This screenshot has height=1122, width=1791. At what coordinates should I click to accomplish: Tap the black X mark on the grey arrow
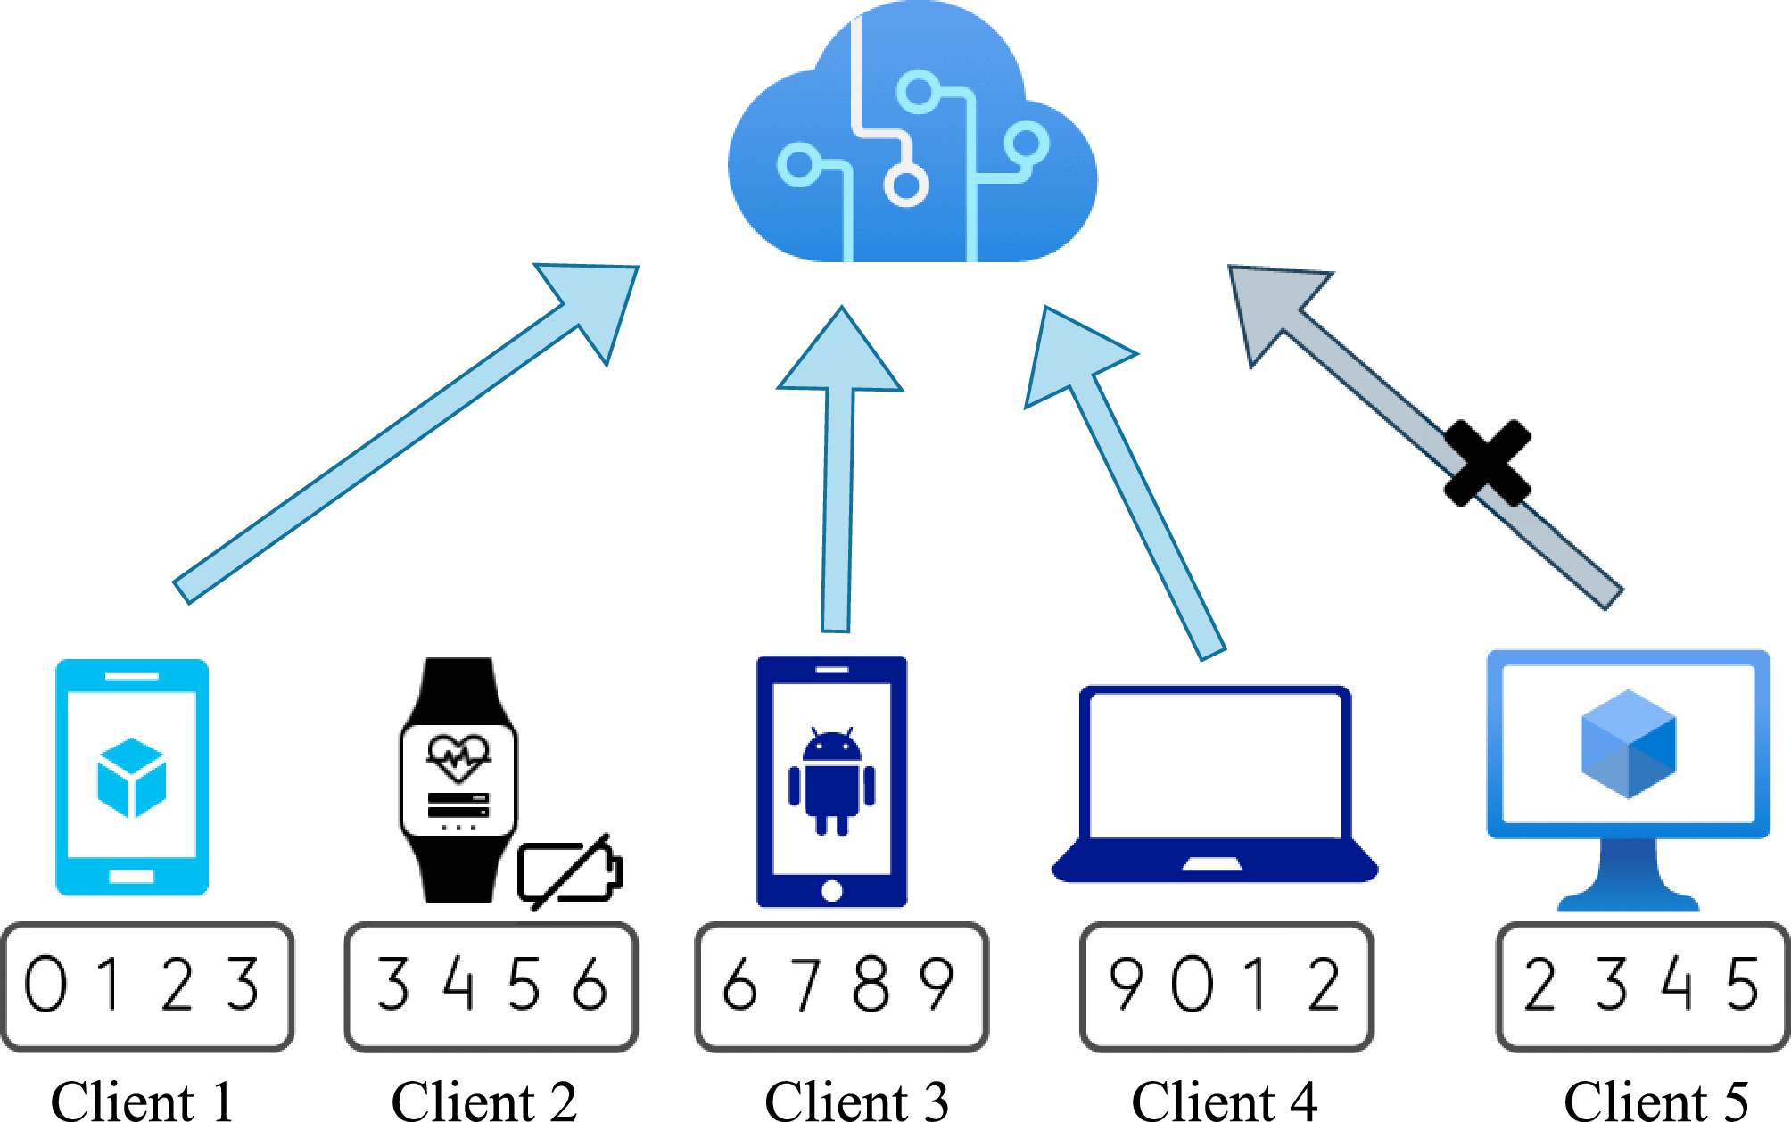coord(1487,462)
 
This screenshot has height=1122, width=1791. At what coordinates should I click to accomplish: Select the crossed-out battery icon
coord(569,871)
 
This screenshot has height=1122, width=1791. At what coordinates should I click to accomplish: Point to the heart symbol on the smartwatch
coord(458,756)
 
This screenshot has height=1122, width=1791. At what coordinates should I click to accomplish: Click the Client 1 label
coord(143,1101)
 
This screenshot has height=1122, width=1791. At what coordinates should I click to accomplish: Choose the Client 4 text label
coord(1224,1101)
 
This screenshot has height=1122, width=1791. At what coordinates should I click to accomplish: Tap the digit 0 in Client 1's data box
coord(45,984)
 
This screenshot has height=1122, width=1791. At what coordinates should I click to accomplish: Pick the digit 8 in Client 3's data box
coord(871,984)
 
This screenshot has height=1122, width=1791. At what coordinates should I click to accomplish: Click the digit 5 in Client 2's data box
coord(524,984)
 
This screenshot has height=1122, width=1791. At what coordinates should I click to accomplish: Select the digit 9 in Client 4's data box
coord(1127,984)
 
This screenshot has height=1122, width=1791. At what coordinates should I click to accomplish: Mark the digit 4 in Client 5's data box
coord(1677,984)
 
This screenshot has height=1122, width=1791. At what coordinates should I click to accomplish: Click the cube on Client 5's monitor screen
coord(1628,744)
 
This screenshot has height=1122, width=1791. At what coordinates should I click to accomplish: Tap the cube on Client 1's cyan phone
coord(132,777)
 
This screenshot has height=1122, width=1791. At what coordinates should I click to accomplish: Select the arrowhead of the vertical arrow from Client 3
coord(840,357)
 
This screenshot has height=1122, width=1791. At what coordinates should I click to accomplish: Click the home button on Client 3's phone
coord(831,890)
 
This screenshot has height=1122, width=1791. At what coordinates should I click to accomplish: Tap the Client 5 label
coord(1655,1101)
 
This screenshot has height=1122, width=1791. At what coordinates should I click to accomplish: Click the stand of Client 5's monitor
coord(1628,879)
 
